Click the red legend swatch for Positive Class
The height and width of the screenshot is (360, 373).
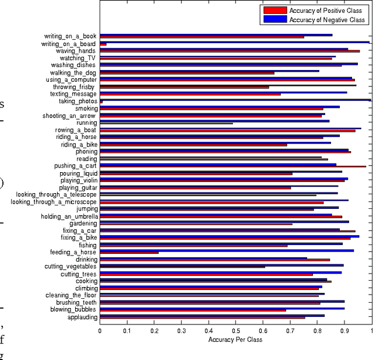(x=275, y=11)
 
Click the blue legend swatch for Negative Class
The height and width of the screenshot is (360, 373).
(x=275, y=19)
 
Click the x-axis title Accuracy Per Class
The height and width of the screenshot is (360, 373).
(x=235, y=340)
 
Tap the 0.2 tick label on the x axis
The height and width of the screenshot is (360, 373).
(x=154, y=330)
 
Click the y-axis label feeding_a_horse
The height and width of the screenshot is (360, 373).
(x=73, y=252)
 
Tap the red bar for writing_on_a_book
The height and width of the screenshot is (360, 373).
(x=202, y=37)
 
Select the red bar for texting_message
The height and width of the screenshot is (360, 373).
(x=190, y=95)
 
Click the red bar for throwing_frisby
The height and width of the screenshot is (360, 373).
(x=184, y=88)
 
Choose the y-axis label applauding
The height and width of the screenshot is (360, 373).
(x=82, y=317)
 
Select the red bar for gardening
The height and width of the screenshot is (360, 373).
(x=196, y=224)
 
